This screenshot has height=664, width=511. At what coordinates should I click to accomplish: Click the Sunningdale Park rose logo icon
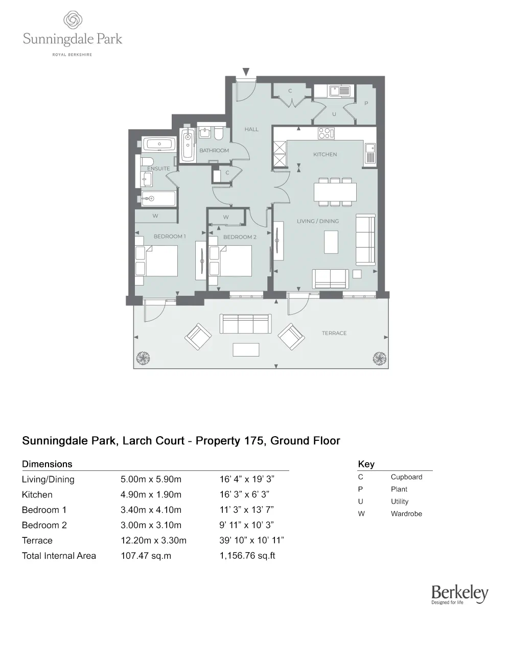[x=73, y=21]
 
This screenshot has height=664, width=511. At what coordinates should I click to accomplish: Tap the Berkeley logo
[x=459, y=594]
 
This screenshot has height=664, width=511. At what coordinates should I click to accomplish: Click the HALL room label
[x=251, y=130]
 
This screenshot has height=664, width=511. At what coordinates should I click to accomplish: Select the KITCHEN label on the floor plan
[x=325, y=154]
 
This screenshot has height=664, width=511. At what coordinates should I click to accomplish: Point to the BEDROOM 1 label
[x=170, y=236]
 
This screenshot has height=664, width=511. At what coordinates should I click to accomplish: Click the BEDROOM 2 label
[x=240, y=237]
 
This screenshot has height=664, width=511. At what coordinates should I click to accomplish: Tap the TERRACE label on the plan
[x=334, y=333]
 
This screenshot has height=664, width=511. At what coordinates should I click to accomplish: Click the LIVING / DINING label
[x=318, y=221]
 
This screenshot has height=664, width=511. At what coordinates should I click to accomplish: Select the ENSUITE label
[x=158, y=169]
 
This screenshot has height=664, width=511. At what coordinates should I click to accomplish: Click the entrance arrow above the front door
[x=246, y=72]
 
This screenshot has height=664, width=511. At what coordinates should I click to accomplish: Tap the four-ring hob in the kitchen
[x=326, y=133]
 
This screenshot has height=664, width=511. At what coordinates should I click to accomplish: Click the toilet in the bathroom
[x=219, y=133]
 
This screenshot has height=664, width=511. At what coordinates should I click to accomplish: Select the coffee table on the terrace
[x=246, y=350]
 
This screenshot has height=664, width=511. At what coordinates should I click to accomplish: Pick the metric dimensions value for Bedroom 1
[x=151, y=510]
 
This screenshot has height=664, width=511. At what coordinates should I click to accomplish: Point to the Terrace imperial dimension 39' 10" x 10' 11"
[x=251, y=540]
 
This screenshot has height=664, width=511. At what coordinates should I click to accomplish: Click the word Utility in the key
[x=400, y=502]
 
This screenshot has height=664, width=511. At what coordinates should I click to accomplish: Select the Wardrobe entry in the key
[x=406, y=514]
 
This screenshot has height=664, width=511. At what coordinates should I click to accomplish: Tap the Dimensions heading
[x=47, y=464]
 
